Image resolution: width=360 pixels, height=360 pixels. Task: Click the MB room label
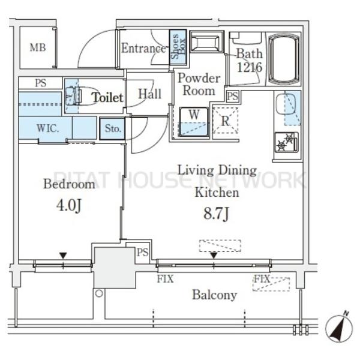click(x=38, y=48)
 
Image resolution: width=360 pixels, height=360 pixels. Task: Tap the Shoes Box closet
click(x=178, y=47)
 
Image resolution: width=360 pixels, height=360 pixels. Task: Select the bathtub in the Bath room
click(x=284, y=59)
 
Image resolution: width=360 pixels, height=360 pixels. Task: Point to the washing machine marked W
click(x=194, y=122)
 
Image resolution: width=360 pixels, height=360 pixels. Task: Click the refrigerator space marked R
click(x=225, y=121)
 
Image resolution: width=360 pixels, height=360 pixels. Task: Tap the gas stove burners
click(x=286, y=142)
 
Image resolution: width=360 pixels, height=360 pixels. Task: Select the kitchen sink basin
click(x=286, y=104)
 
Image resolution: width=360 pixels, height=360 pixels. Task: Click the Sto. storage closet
click(x=112, y=128)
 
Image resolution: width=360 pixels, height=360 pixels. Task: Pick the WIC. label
click(x=48, y=128)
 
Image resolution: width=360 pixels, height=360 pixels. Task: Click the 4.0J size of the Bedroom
click(x=68, y=205)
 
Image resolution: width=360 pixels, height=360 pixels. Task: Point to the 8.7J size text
click(x=216, y=214)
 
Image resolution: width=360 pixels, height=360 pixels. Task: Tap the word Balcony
click(x=214, y=295)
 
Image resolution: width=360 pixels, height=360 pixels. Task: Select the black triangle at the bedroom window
click(x=63, y=256)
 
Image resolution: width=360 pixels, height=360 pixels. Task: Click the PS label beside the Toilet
click(x=41, y=83)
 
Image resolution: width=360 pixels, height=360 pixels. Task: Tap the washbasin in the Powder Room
click(x=206, y=42)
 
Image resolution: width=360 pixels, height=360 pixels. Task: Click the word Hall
click(x=149, y=94)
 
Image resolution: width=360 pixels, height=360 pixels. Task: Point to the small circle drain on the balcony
click(x=99, y=293)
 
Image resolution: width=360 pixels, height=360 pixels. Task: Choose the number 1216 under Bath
click(x=250, y=67)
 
